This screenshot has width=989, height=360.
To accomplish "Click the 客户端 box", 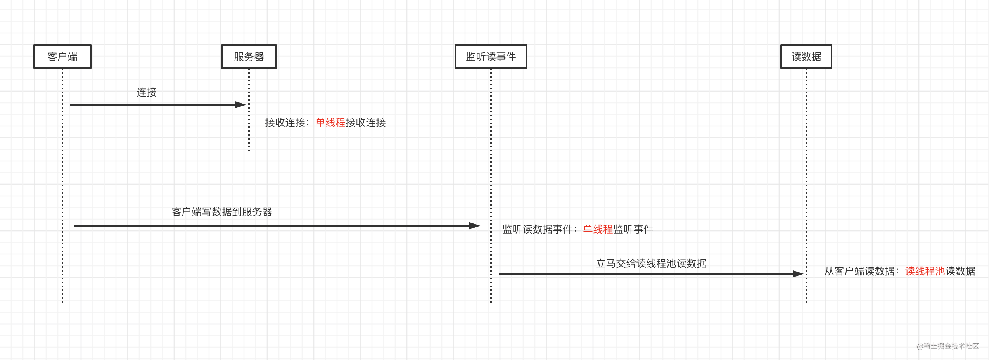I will click(x=62, y=57).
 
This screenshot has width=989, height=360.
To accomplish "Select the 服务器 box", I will click(x=249, y=57).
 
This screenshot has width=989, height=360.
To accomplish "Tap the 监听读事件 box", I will click(x=491, y=57).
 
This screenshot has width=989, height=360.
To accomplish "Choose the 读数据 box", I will click(x=806, y=57).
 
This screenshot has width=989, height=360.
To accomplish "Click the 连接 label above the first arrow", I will click(x=147, y=92).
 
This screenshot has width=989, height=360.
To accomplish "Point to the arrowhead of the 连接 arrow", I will click(x=241, y=105).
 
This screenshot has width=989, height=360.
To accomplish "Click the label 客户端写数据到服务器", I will click(x=222, y=212).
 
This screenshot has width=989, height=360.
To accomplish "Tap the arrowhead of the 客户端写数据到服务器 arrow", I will click(x=475, y=226).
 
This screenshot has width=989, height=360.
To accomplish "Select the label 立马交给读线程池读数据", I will click(x=651, y=263).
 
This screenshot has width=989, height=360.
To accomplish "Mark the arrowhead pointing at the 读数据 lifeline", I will click(x=798, y=274).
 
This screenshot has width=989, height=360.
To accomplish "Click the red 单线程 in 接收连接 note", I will click(x=330, y=123).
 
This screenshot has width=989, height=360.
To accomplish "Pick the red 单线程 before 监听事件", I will click(x=598, y=229).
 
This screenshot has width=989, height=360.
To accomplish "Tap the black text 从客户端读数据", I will click(x=859, y=271).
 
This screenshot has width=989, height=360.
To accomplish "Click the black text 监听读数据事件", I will click(x=537, y=229).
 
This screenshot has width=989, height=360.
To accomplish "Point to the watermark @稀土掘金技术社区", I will click(x=948, y=346).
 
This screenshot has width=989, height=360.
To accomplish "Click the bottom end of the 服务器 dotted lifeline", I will click(x=249, y=150).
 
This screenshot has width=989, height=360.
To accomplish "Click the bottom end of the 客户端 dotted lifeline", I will click(x=62, y=301).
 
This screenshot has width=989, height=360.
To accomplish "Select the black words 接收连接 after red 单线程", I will click(x=366, y=123).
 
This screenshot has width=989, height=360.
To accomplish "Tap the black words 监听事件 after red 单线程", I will click(x=633, y=229).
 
